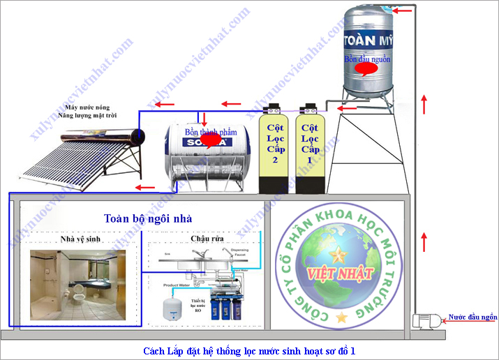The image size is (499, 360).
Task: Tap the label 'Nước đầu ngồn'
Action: point(472,316)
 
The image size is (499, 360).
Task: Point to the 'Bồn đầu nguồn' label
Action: point(367,60)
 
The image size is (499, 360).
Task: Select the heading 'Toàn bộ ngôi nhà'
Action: point(143,218)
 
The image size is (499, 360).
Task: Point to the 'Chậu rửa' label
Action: point(207,239)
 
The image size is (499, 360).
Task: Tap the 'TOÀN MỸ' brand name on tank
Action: point(368,39)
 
